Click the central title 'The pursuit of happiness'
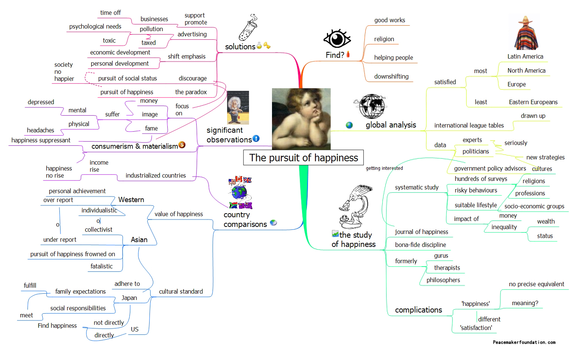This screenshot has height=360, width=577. pyautogui.click(x=304, y=158)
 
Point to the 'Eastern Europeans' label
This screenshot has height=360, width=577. pyautogui.click(x=533, y=102)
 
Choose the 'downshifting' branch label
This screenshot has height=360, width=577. pyautogui.click(x=391, y=76)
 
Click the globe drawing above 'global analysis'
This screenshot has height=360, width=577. pyautogui.click(x=370, y=106)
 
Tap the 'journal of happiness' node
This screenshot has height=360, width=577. pyautogui.click(x=421, y=232)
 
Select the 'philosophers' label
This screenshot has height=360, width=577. pyautogui.click(x=443, y=280)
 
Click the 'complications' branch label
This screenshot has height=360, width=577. pyautogui.click(x=418, y=310)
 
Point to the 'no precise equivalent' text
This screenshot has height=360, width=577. pyautogui.click(x=536, y=284)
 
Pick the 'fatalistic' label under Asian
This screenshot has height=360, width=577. pyautogui.click(x=101, y=266)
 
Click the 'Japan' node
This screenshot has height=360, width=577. pyautogui.click(x=129, y=298)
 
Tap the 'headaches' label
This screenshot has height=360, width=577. pyautogui.click(x=40, y=130)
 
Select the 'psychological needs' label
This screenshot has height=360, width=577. pyautogui.click(x=95, y=26)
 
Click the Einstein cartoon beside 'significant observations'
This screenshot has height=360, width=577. pyautogui.click(x=237, y=108)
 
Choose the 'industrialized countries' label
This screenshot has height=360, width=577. pyautogui.click(x=155, y=175)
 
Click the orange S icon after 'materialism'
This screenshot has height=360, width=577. pyautogui.click(x=182, y=145)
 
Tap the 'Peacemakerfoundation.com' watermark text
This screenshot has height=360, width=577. pyautogui.click(x=524, y=342)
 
